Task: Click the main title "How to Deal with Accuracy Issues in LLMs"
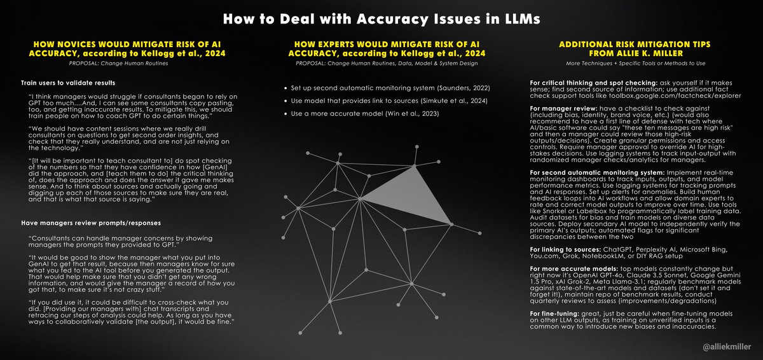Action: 381,19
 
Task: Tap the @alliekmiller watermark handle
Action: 727,347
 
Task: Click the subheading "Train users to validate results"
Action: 68,83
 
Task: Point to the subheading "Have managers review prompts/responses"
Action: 91,223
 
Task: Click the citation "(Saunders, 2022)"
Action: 464,88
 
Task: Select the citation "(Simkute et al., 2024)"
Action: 454,101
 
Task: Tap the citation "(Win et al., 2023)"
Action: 412,114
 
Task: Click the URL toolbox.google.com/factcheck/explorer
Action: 675,95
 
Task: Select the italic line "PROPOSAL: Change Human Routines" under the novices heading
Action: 118,64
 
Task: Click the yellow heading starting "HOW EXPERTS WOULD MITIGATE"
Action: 387,49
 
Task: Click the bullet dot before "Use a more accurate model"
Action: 285,114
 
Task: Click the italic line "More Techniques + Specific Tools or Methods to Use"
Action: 636,64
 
